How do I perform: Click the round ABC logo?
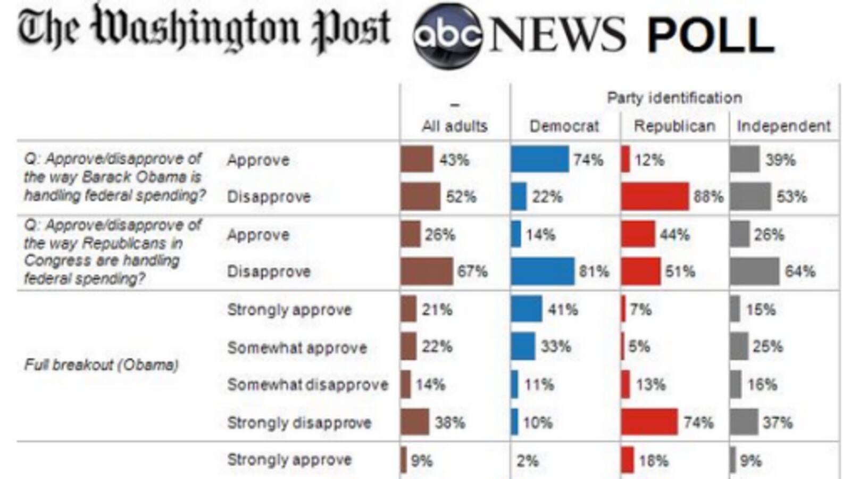[x=448, y=35]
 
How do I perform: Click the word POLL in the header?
[x=710, y=35]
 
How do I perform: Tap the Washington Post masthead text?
[x=205, y=29]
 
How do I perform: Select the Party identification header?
[x=674, y=98]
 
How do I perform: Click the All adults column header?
[x=454, y=126]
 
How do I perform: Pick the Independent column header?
[x=783, y=126]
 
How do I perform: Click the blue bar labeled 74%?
[x=539, y=160]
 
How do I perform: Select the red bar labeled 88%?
[x=654, y=196]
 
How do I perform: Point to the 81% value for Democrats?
[x=594, y=271]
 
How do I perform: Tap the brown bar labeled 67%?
[x=427, y=271]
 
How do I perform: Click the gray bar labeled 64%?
[x=754, y=271]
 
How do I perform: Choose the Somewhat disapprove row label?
[x=307, y=385]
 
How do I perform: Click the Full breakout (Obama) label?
[x=101, y=365]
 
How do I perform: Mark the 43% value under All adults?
[x=454, y=160]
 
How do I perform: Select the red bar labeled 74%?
[x=649, y=422]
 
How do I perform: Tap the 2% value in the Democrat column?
[x=527, y=460]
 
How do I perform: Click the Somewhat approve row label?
[x=297, y=348]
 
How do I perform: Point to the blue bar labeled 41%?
[x=526, y=309]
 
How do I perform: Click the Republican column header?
[x=674, y=126]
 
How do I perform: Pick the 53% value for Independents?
[x=791, y=197]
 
